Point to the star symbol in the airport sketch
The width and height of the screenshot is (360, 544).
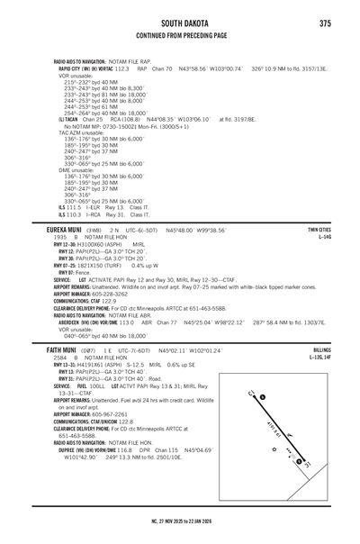point(273,448)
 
